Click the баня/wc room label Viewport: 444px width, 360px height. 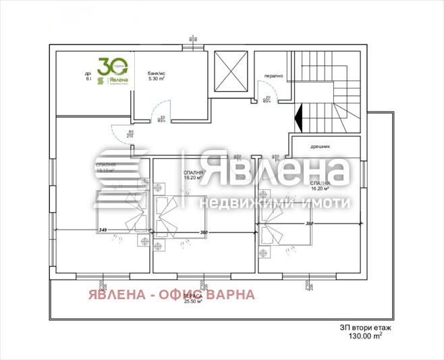coord(157,72)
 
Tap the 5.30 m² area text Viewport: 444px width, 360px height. coord(155,78)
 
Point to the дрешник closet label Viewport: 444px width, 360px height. coord(319,146)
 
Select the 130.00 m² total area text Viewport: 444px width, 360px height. coord(366,335)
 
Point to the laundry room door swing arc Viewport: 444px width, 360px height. coord(258,88)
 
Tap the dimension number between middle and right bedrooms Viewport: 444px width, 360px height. coord(204,233)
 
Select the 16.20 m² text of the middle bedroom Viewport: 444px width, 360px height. coord(194,180)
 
